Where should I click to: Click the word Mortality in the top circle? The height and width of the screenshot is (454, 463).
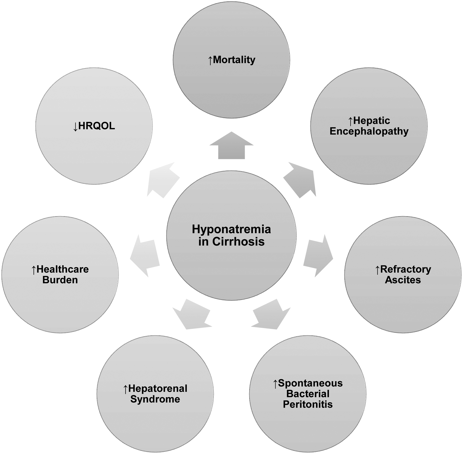pyautogui.click(x=234, y=60)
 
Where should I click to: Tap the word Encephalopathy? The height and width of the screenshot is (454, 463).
pyautogui.click(x=369, y=131)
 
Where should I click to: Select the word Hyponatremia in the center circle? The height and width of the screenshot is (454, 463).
pyautogui.click(x=231, y=229)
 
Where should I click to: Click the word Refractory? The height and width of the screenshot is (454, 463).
pyautogui.click(x=405, y=269)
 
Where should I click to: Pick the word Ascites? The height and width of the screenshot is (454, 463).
pyautogui.click(x=403, y=280)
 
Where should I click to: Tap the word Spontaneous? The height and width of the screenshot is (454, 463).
pyautogui.click(x=310, y=383)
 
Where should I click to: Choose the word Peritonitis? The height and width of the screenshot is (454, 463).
pyautogui.click(x=308, y=404)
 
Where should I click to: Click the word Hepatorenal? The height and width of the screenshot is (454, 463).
pyautogui.click(x=158, y=388)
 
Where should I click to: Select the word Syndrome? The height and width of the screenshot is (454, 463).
pyautogui.click(x=155, y=399)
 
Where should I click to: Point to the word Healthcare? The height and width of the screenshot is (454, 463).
pyautogui.click(x=63, y=269)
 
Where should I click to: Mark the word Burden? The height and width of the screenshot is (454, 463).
pyautogui.click(x=60, y=280)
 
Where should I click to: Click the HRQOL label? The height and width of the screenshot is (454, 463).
pyautogui.click(x=96, y=126)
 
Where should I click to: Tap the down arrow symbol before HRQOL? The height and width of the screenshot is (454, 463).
pyautogui.click(x=75, y=126)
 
